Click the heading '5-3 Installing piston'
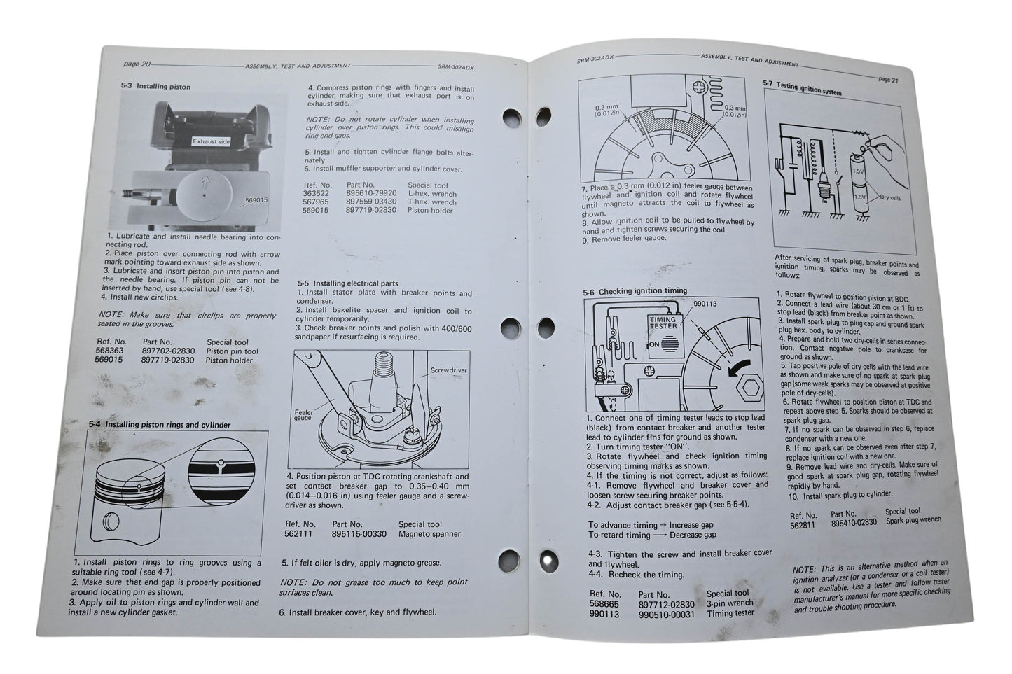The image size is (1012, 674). coord(155,87)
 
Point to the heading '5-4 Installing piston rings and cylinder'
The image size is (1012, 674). coord(160,424)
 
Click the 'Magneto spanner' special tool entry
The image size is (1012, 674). coord(429,534)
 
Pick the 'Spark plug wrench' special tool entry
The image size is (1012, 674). coord(913,520)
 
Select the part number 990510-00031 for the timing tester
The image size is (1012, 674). coord(666,615)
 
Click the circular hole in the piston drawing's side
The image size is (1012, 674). coord(111,521)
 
